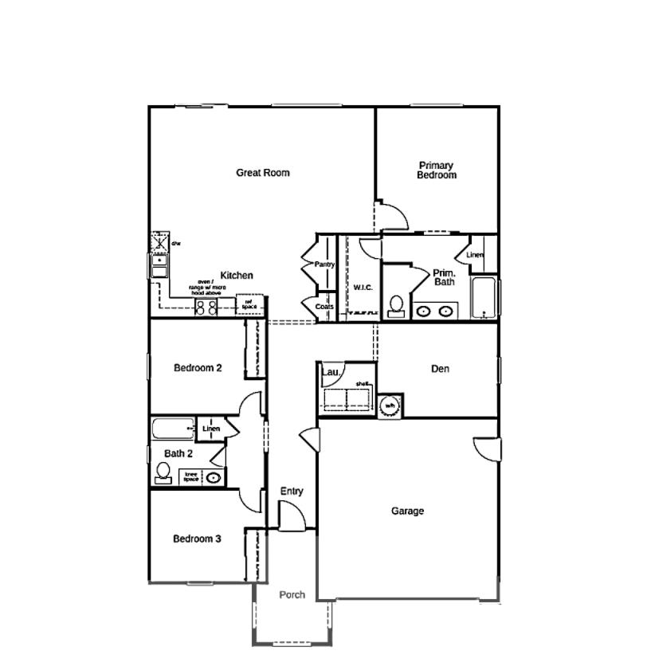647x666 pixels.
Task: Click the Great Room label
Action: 262,172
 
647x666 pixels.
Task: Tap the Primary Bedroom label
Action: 436,170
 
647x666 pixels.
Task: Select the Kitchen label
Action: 237,276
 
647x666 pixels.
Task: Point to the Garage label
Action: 407,511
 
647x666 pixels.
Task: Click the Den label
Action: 440,369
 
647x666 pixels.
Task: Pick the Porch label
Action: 292,594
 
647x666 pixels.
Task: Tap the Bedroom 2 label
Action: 198,368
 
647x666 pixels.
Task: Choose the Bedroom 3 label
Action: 198,539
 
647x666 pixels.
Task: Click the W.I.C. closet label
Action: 363,288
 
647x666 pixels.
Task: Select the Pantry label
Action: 324,264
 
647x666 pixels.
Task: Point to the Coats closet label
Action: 324,307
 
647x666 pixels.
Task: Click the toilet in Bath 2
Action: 163,474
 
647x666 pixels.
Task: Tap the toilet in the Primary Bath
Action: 395,306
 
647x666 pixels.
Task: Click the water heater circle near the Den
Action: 390,405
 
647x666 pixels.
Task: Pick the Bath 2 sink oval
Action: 214,478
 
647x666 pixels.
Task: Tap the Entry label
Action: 292,492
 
